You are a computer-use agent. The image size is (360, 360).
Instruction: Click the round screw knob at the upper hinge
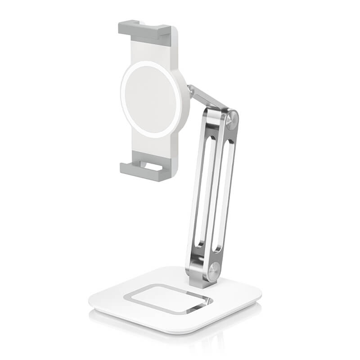click(x=232, y=120)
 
